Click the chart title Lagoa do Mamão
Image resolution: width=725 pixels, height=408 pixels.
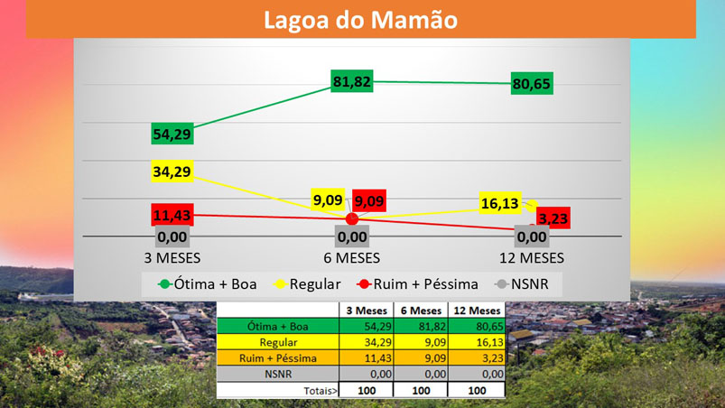point(360,19)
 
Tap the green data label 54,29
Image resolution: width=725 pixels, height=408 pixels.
point(172,134)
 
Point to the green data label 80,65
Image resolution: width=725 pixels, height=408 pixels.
point(532,84)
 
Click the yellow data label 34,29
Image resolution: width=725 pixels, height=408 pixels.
point(172,172)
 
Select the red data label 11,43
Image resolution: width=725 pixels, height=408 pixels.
point(172,215)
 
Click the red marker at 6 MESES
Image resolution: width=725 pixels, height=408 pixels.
point(352,219)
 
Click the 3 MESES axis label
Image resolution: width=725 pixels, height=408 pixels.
point(172,257)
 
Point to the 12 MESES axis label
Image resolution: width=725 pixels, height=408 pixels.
point(533,257)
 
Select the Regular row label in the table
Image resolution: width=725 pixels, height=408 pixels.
point(278,342)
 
